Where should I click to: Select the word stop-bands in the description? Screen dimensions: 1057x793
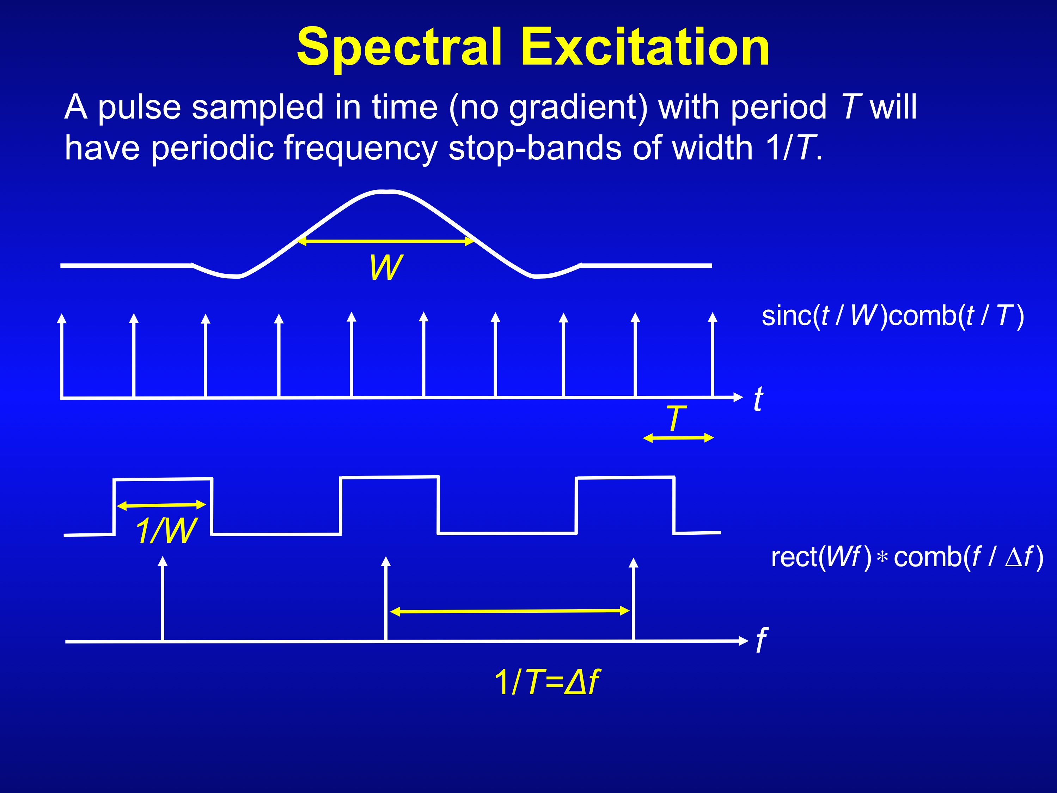(535, 148)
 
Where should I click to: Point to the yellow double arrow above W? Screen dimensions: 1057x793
(386, 241)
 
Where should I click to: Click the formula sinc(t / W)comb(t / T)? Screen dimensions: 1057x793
(892, 316)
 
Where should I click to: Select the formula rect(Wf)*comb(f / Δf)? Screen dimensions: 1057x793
(906, 558)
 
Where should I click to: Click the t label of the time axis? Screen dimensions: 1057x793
(758, 399)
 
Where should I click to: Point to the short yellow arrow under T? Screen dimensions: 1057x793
(679, 438)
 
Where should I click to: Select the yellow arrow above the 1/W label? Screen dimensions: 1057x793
(161, 505)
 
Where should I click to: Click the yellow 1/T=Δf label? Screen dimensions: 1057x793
(547, 682)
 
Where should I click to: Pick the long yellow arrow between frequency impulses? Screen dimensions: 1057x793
(510, 611)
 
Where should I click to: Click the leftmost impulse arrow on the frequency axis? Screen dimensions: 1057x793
(163, 598)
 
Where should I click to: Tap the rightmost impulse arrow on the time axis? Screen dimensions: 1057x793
(713, 354)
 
